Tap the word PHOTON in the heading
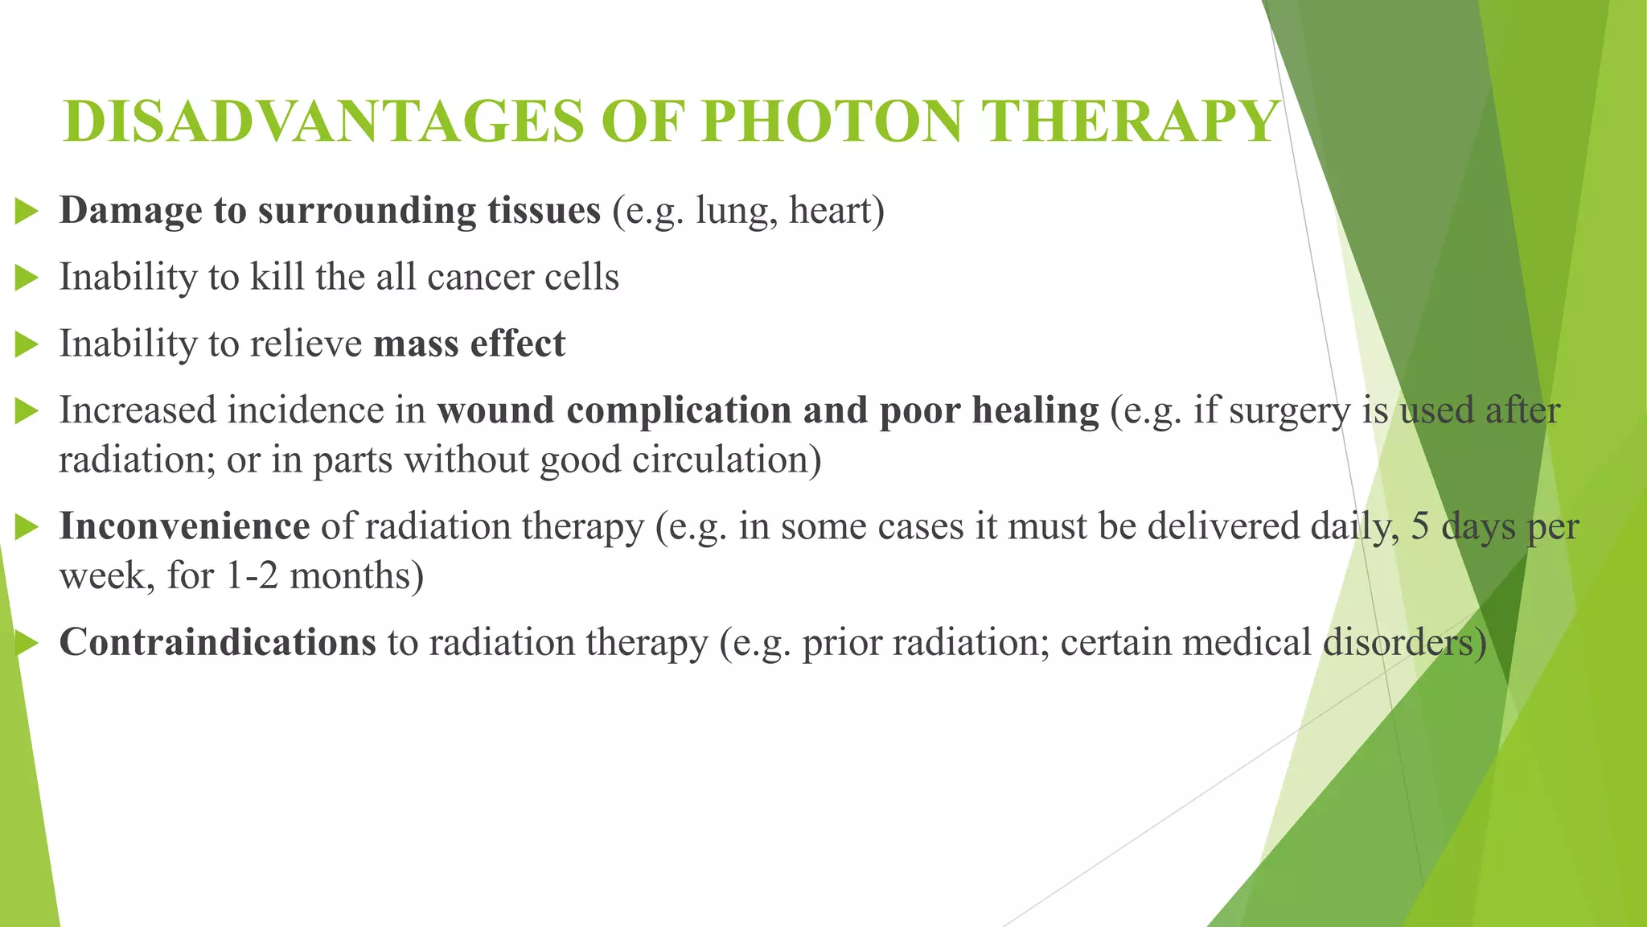(x=832, y=122)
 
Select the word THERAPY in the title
(x=1129, y=122)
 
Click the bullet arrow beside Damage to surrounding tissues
(x=27, y=212)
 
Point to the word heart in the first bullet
(x=836, y=211)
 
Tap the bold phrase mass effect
(x=469, y=344)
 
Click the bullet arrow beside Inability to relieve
(x=27, y=346)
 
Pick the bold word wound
(x=495, y=410)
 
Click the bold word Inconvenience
(x=184, y=527)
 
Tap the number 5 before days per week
(x=1420, y=527)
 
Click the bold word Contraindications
(x=217, y=643)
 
